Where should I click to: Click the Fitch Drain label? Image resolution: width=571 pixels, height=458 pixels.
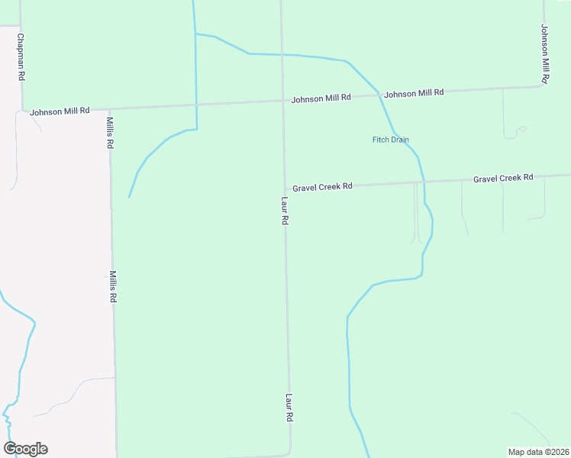(x=390, y=140)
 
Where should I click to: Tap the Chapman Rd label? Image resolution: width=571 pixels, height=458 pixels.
(x=21, y=57)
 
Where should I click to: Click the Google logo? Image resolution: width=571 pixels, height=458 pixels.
(x=25, y=449)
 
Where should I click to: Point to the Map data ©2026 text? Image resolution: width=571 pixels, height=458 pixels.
(x=538, y=452)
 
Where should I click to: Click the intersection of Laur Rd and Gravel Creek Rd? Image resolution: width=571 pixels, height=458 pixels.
(x=284, y=188)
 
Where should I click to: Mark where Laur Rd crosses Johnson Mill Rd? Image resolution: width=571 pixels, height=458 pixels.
(x=282, y=102)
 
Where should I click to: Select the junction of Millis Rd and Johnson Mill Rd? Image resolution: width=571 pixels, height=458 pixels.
(x=110, y=108)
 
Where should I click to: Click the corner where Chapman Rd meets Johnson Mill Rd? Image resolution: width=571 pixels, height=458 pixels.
(x=23, y=110)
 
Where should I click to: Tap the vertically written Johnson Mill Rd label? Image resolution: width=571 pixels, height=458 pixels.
(x=545, y=53)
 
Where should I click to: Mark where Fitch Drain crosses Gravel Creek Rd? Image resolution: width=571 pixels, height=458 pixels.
(x=424, y=182)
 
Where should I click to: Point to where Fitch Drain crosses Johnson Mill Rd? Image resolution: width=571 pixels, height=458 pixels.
(x=379, y=94)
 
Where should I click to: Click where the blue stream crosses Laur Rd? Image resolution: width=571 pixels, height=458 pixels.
(x=282, y=55)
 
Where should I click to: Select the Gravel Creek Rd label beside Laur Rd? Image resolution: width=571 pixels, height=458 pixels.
(x=321, y=186)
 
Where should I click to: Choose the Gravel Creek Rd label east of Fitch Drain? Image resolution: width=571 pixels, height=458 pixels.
(x=502, y=178)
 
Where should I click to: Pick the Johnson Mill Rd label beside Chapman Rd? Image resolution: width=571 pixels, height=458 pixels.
(x=60, y=111)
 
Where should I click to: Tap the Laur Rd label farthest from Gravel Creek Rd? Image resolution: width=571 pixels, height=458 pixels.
(x=289, y=408)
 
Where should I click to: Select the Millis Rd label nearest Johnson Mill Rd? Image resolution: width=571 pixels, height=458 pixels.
(x=110, y=133)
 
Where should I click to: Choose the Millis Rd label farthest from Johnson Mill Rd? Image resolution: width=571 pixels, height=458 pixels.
(x=112, y=287)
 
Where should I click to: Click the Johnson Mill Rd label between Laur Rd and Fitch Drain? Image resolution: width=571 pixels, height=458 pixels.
(x=321, y=98)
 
